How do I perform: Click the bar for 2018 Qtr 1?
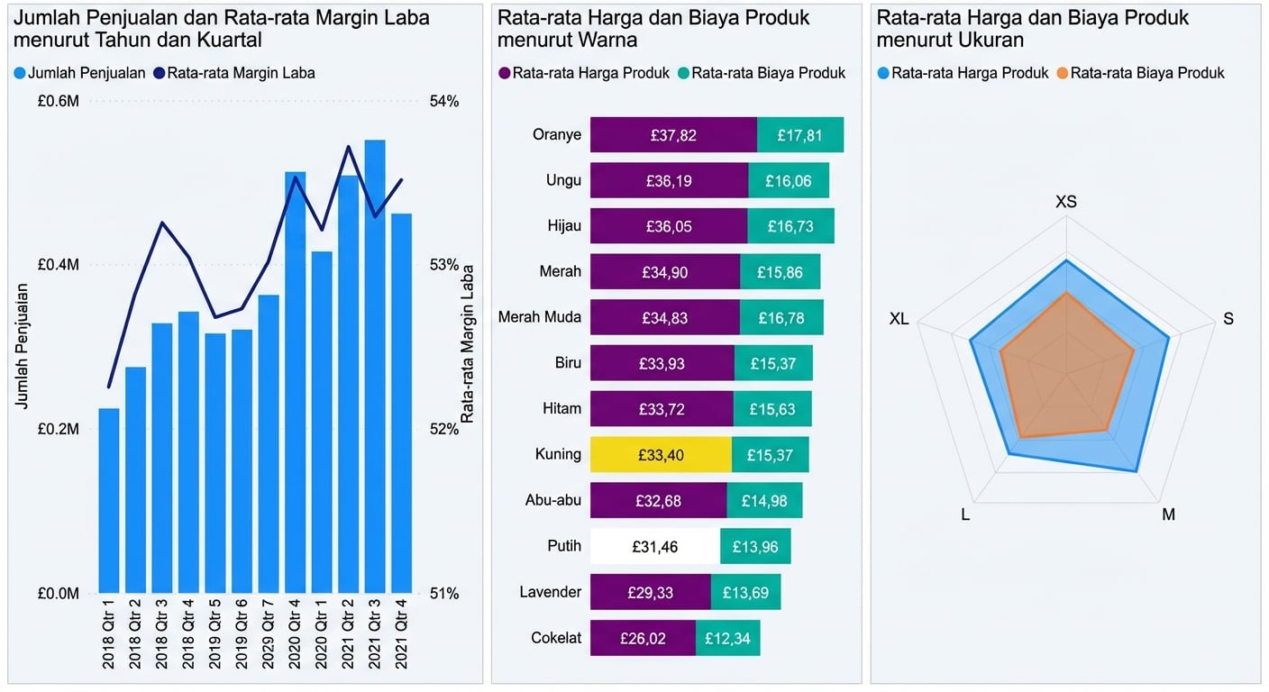click(x=108, y=500)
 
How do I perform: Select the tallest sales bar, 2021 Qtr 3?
click(x=375, y=365)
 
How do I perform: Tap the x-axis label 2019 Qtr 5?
click(x=215, y=635)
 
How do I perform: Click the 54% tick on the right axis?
click(x=443, y=102)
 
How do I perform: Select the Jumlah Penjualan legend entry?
click(x=79, y=73)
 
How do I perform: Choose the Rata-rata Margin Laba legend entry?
click(x=234, y=73)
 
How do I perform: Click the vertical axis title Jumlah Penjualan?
click(x=22, y=346)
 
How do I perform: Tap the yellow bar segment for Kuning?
click(x=661, y=455)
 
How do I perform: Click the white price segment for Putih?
click(x=655, y=546)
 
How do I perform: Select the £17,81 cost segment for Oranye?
click(x=800, y=135)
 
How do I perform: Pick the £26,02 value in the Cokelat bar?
click(x=643, y=638)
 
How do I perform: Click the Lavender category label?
click(x=550, y=592)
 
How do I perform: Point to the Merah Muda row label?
click(x=539, y=317)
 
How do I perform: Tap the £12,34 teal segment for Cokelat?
click(x=727, y=638)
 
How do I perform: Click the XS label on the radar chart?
click(x=1065, y=202)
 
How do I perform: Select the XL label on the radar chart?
click(x=899, y=319)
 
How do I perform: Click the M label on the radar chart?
click(x=1168, y=514)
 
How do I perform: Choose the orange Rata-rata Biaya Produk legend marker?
click(x=1063, y=73)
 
